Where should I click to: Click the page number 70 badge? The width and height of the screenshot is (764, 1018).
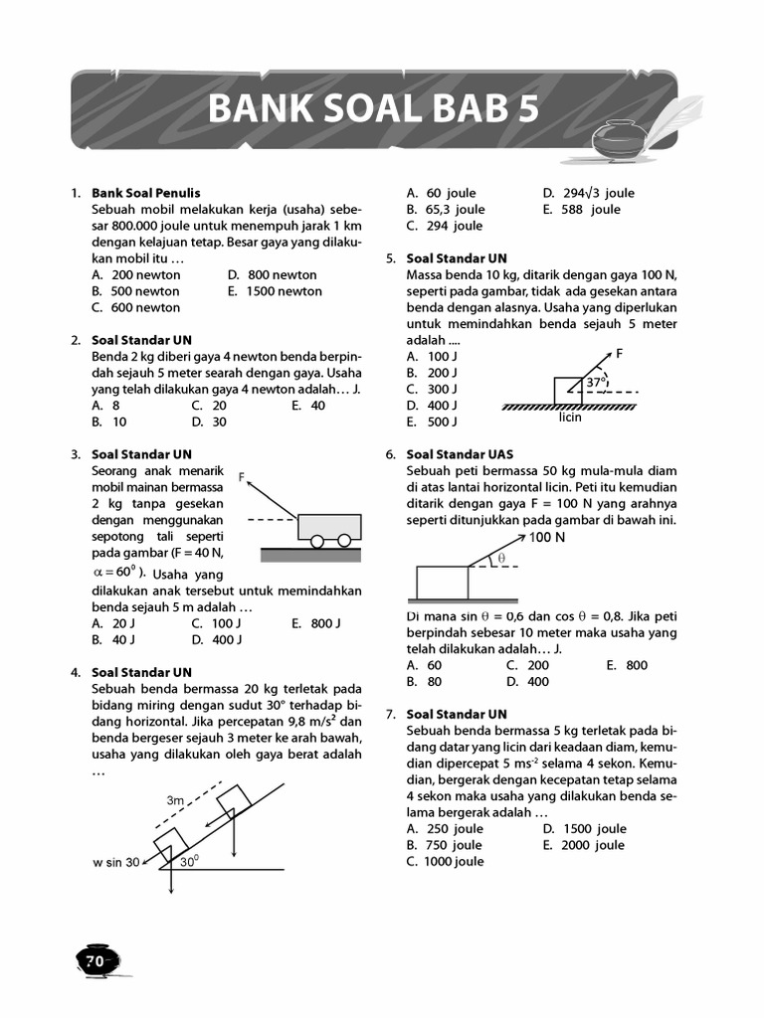[95, 960]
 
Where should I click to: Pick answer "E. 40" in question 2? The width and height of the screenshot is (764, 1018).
[308, 406]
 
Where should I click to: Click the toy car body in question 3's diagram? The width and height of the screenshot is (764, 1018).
[329, 525]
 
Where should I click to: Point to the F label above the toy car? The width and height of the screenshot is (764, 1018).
[243, 478]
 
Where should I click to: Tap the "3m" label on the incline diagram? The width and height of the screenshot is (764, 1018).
[175, 800]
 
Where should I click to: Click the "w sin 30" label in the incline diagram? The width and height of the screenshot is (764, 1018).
[115, 863]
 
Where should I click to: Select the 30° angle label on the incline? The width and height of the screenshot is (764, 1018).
[189, 862]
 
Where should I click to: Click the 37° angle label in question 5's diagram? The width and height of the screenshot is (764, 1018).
[595, 382]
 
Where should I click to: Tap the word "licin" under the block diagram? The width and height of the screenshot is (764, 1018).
[570, 418]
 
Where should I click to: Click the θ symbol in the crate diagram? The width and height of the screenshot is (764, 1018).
[502, 559]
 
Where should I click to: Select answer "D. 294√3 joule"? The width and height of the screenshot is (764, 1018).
[588, 193]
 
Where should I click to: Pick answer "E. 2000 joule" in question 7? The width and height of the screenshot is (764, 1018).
[584, 845]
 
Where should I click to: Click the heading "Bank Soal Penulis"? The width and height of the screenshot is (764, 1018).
[146, 193]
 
